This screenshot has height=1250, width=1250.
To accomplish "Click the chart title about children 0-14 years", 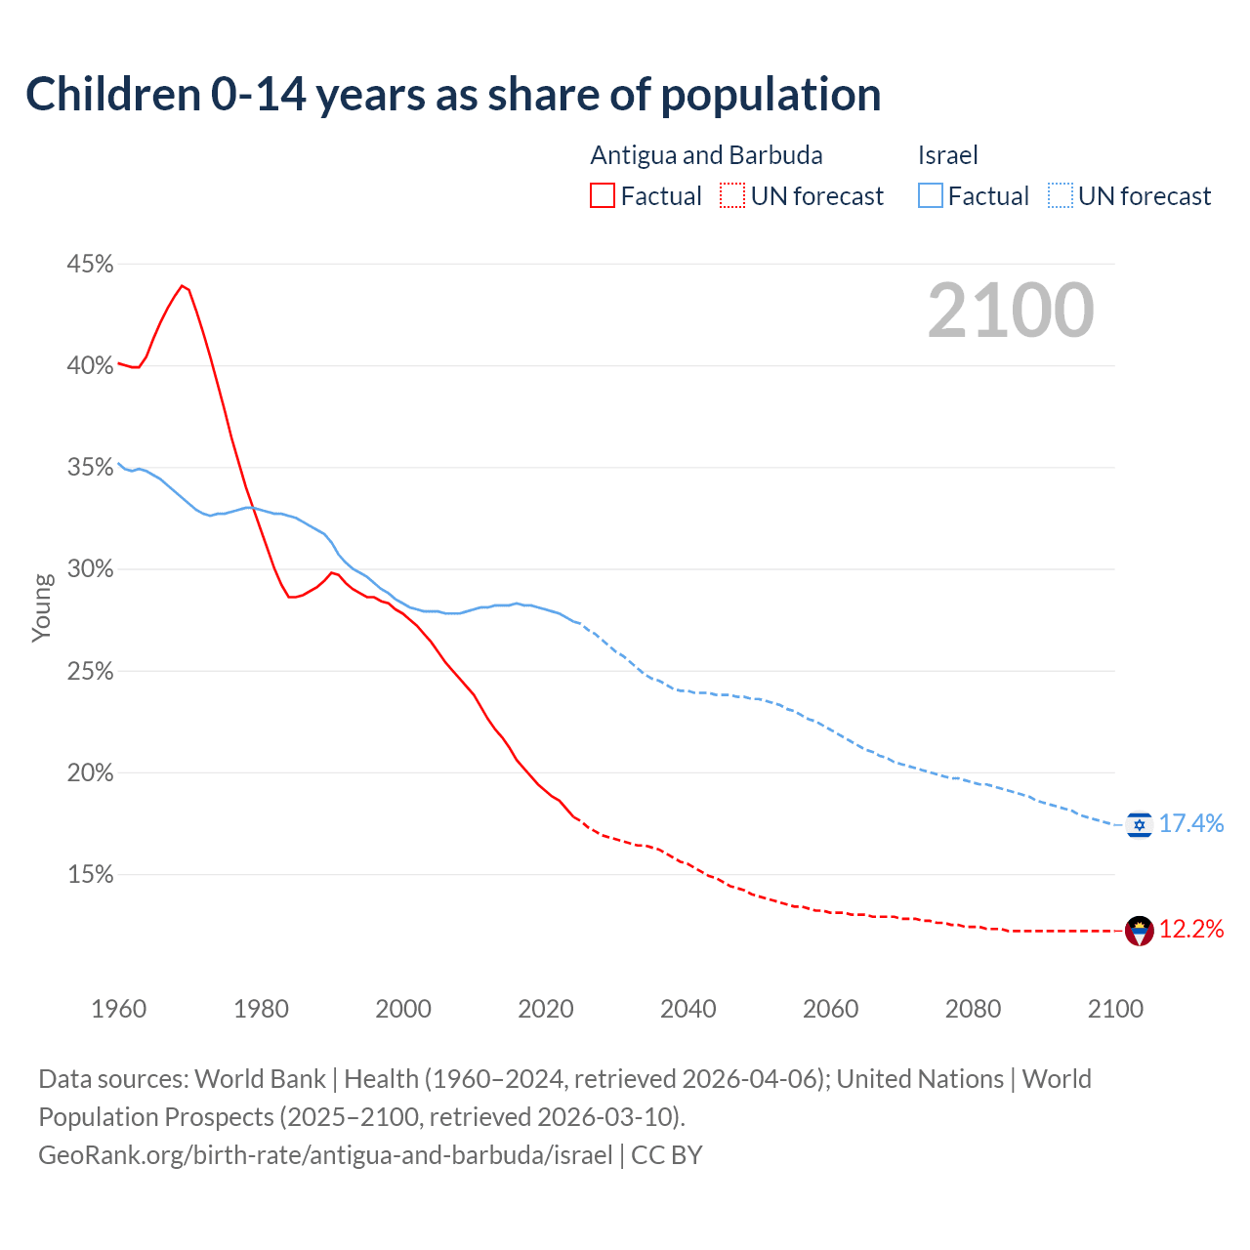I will [453, 95].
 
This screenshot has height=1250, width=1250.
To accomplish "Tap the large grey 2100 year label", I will [1011, 311].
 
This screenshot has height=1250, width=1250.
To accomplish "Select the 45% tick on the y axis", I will [90, 265].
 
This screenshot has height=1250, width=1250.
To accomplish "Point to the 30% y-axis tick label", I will [90, 569].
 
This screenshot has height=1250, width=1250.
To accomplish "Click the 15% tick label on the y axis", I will [90, 875].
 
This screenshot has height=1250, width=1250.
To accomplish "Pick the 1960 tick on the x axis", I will [118, 1009].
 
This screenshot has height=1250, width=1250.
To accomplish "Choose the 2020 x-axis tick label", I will [545, 1009].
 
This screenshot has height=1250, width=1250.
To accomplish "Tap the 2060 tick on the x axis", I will [830, 1009].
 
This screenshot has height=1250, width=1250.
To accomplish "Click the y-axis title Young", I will [42, 607].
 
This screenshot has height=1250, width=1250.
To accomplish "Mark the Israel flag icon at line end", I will [1139, 825].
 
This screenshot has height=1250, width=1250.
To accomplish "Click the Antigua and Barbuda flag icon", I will [1139, 931].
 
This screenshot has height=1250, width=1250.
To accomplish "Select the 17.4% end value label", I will [1191, 824].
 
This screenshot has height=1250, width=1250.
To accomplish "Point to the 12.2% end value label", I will [1191, 930].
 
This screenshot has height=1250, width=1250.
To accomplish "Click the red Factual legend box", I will [603, 196].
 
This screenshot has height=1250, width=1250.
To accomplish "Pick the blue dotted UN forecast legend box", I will [1061, 196].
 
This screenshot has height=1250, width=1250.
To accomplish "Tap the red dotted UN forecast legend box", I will [732, 196].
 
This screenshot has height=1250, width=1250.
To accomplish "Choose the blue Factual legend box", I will [931, 196].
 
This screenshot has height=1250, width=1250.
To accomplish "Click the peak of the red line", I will [182, 286].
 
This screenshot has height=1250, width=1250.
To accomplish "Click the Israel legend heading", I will [947, 155].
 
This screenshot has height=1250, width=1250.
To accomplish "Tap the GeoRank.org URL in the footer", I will [325, 1155].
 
